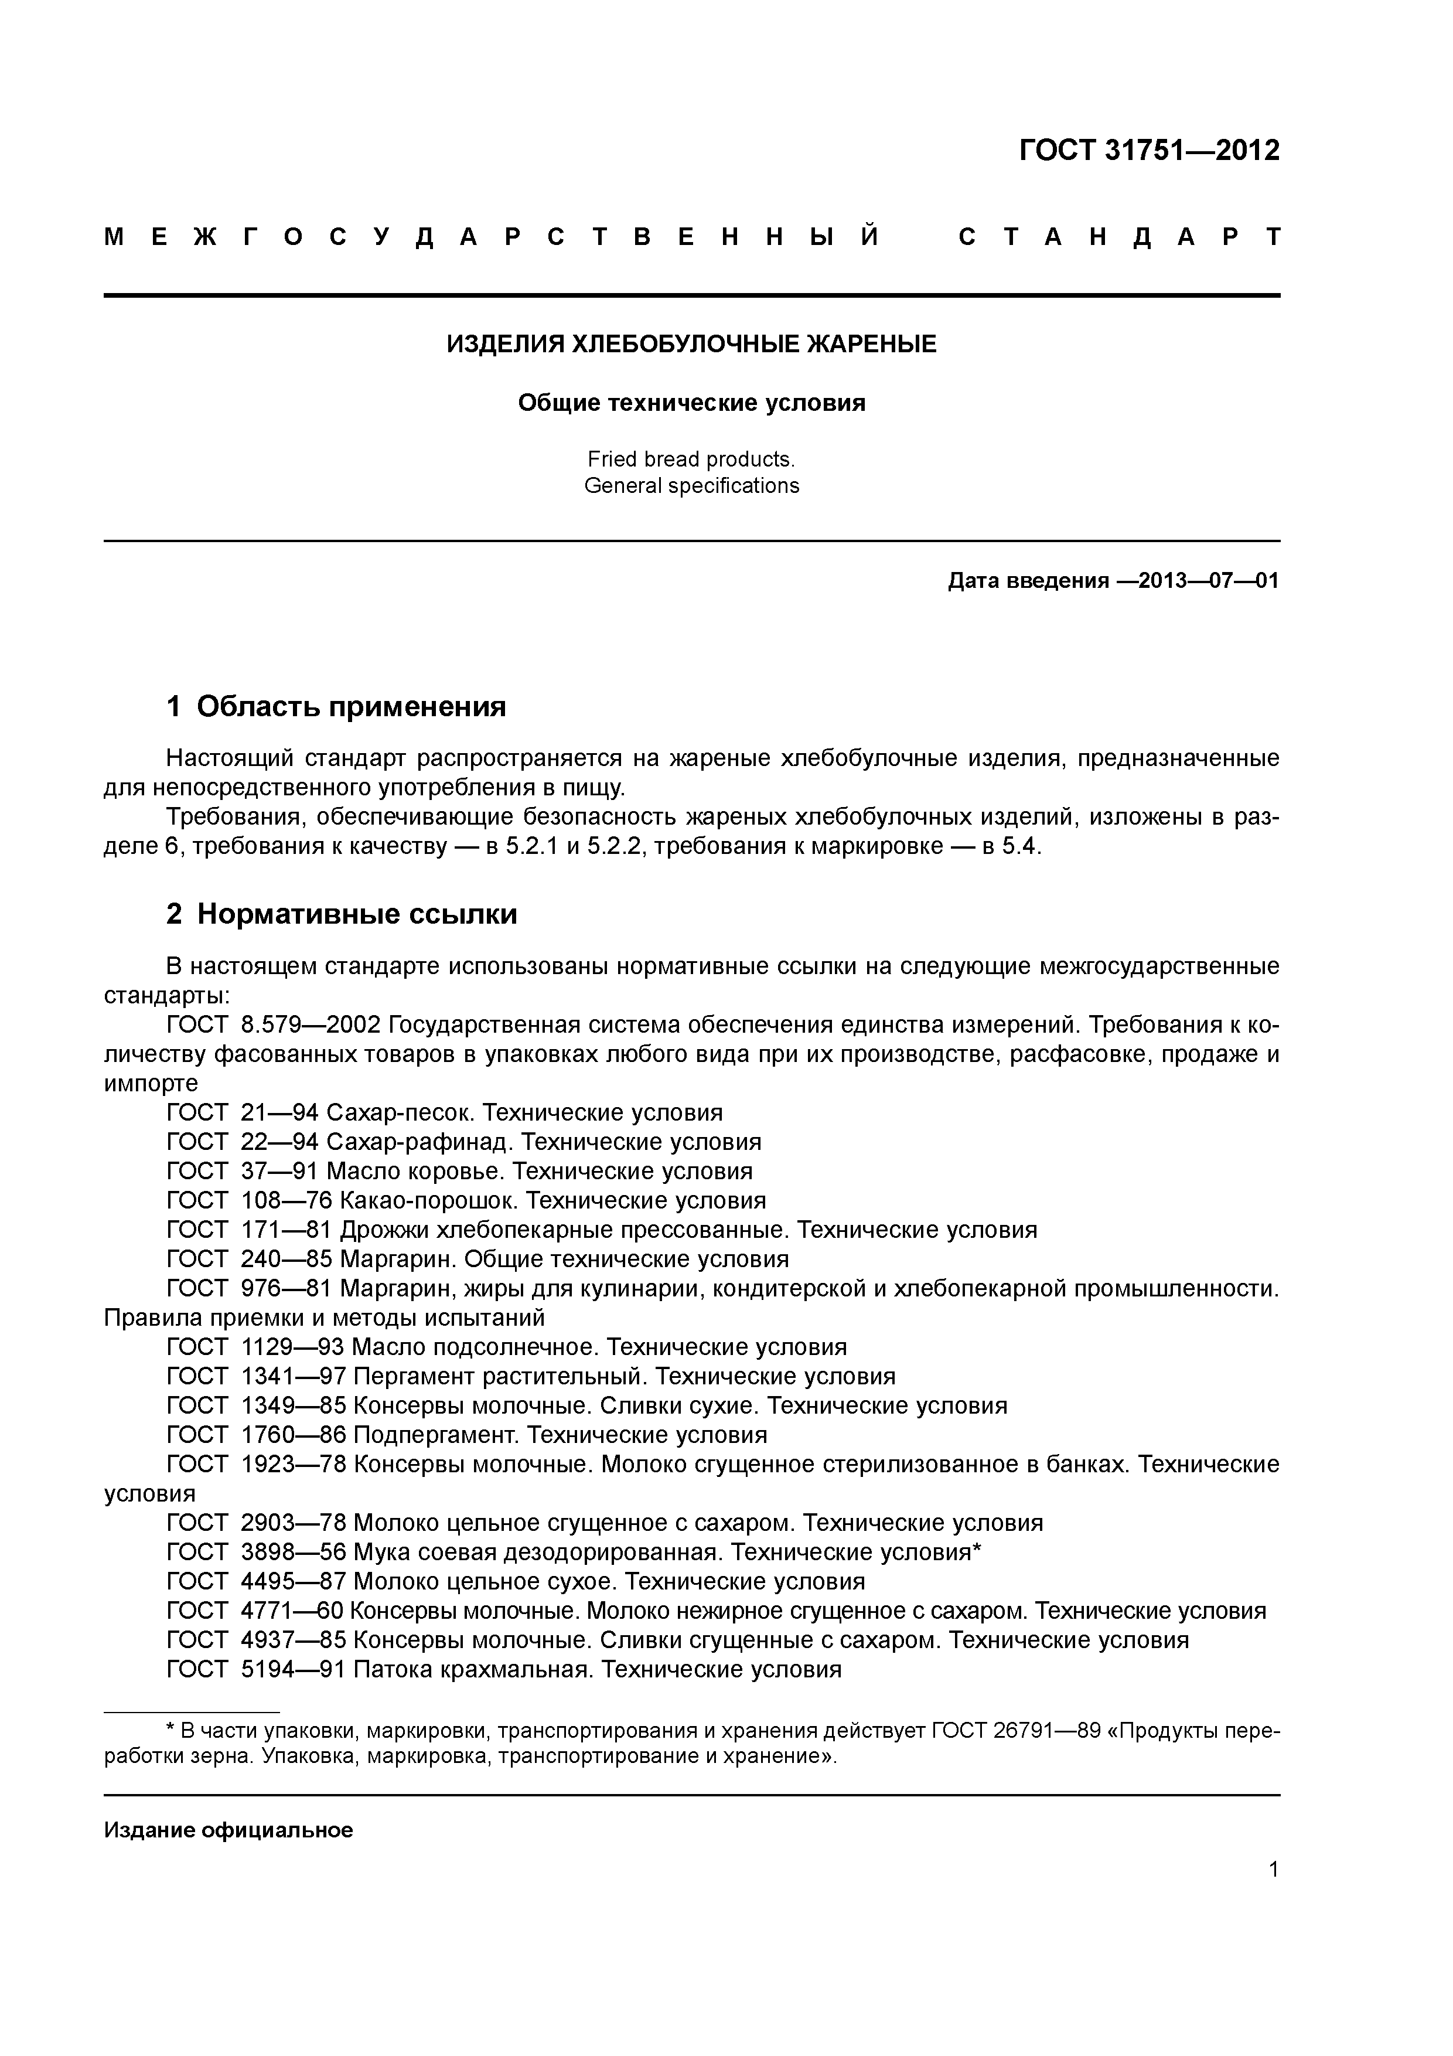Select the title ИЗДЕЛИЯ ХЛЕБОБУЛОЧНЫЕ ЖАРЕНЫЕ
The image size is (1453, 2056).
[x=691, y=344]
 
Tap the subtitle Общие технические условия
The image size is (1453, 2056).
[x=691, y=403]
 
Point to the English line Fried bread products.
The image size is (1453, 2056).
[x=691, y=459]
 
